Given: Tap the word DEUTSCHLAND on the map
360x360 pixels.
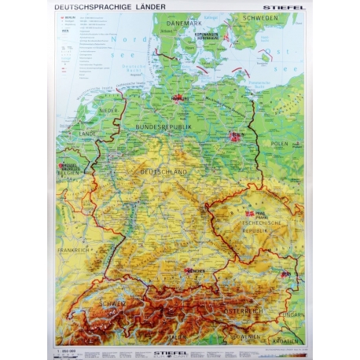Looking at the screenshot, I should (163, 171).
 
